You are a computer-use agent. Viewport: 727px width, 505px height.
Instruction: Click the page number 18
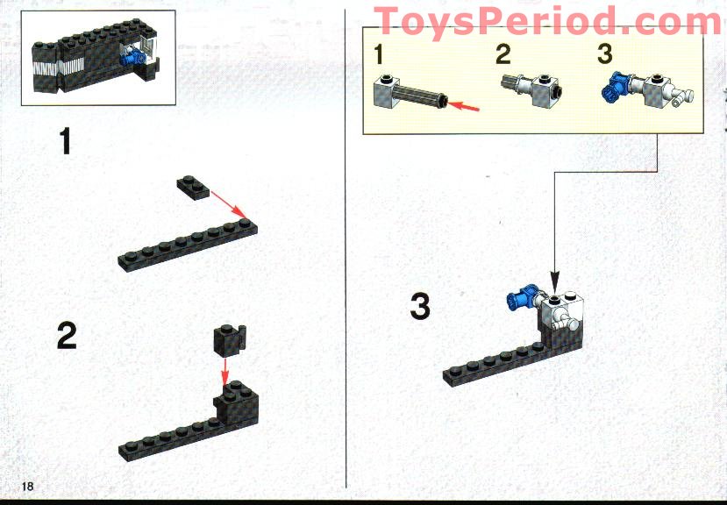point(27,486)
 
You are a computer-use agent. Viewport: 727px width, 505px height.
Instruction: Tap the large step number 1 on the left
point(65,141)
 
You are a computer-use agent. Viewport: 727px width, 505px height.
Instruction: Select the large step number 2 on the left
point(67,336)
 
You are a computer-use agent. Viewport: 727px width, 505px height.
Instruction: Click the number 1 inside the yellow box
point(379,54)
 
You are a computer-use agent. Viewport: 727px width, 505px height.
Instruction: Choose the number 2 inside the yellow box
point(502,54)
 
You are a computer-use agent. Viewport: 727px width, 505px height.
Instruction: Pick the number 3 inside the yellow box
point(604,54)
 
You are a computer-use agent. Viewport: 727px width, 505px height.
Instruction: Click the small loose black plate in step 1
point(190,185)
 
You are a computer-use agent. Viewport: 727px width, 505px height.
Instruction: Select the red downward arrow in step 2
point(225,366)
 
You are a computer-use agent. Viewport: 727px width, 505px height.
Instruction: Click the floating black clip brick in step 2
point(228,338)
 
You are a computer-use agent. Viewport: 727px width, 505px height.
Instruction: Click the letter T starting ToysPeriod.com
point(388,22)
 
